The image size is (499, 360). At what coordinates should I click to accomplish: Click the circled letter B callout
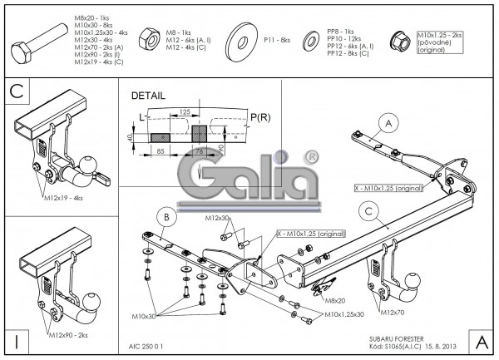point(166,219)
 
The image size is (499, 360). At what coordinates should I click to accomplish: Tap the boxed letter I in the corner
point(17,340)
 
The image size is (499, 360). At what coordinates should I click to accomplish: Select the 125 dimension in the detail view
point(185,111)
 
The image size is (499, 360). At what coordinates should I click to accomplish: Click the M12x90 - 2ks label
point(67,333)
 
